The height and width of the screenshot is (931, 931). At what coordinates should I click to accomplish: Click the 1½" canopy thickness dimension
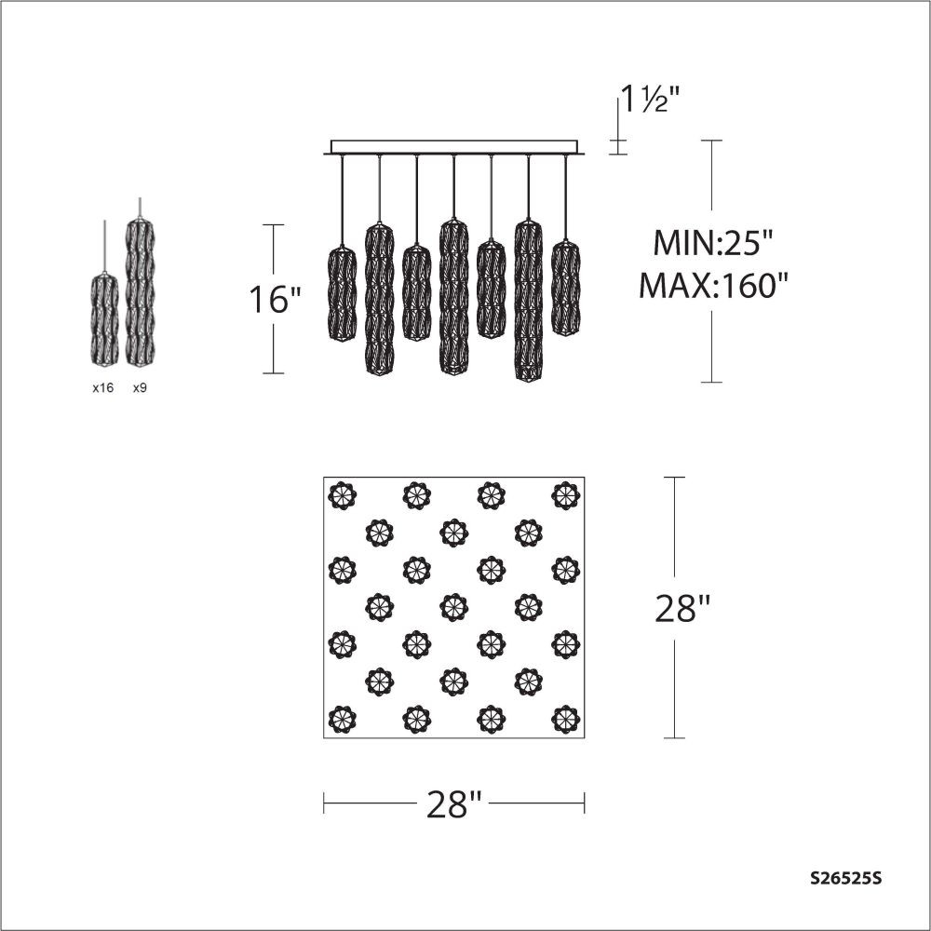click(x=648, y=99)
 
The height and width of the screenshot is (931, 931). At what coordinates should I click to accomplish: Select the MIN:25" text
click(x=714, y=242)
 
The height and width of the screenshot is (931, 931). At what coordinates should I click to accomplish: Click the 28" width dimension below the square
click(x=454, y=804)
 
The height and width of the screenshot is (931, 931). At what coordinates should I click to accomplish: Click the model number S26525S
click(x=845, y=878)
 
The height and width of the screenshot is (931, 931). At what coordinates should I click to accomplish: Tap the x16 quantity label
click(x=102, y=387)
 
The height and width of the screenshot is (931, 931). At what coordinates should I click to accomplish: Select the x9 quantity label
click(x=140, y=387)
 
